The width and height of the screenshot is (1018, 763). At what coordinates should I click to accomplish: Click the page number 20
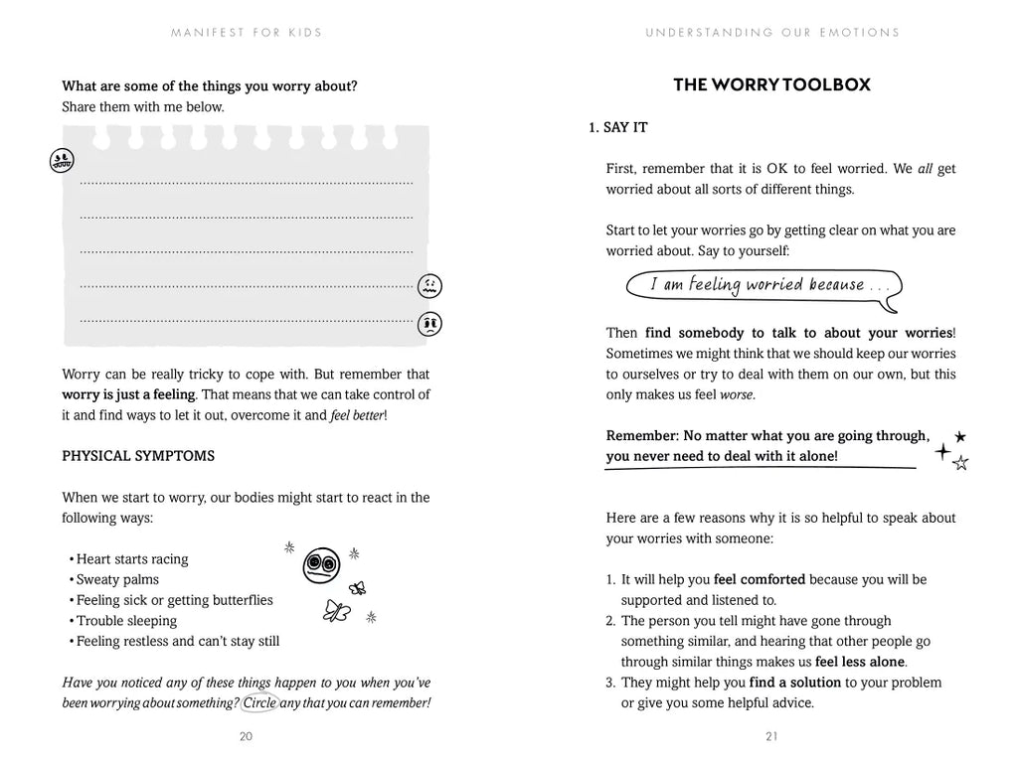[x=246, y=736]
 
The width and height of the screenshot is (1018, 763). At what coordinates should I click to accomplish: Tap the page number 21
[x=771, y=736]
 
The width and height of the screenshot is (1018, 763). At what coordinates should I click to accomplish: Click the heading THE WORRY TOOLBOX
[x=771, y=85]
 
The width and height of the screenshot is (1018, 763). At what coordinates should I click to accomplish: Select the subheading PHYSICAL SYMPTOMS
[x=138, y=456]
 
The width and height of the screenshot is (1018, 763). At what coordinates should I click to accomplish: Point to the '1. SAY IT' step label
[x=618, y=128]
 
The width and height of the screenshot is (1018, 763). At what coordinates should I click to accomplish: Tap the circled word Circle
[x=259, y=702]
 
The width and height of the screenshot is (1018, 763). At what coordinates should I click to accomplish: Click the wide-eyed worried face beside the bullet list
[x=320, y=565]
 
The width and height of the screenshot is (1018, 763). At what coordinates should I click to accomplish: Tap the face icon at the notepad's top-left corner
[x=62, y=160]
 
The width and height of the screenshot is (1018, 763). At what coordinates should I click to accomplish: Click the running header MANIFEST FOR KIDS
[x=247, y=33]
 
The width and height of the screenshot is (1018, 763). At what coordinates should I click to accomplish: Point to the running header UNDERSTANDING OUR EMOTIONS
[x=772, y=33]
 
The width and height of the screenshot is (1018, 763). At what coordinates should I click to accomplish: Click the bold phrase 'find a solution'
[x=795, y=683]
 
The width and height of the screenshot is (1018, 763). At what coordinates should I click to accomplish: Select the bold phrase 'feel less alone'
[x=860, y=662]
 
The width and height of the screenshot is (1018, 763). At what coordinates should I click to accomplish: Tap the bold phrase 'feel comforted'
[x=760, y=579]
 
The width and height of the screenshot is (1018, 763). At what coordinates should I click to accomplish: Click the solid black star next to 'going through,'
[x=959, y=436]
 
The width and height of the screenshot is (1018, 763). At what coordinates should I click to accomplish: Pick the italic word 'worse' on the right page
[x=737, y=395]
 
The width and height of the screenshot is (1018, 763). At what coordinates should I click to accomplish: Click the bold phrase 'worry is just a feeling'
[x=128, y=395]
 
